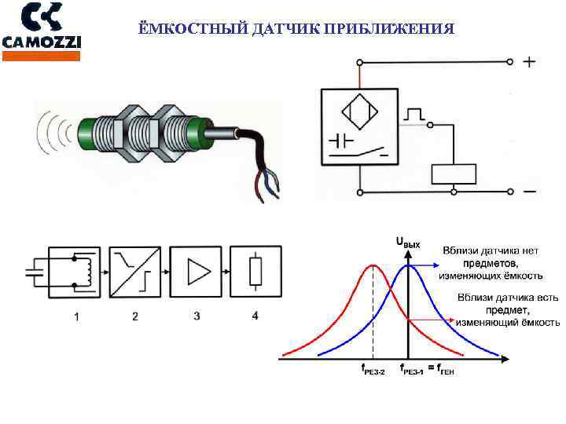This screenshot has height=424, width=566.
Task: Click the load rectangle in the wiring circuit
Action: [x=454, y=174]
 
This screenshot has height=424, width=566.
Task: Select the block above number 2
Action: [x=134, y=272]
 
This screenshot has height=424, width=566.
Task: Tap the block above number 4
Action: [x=255, y=272]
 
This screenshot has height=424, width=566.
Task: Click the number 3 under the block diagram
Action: [x=197, y=316]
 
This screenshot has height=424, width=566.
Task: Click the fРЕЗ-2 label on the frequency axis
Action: [x=371, y=370]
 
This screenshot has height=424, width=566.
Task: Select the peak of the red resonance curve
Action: [x=373, y=267]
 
